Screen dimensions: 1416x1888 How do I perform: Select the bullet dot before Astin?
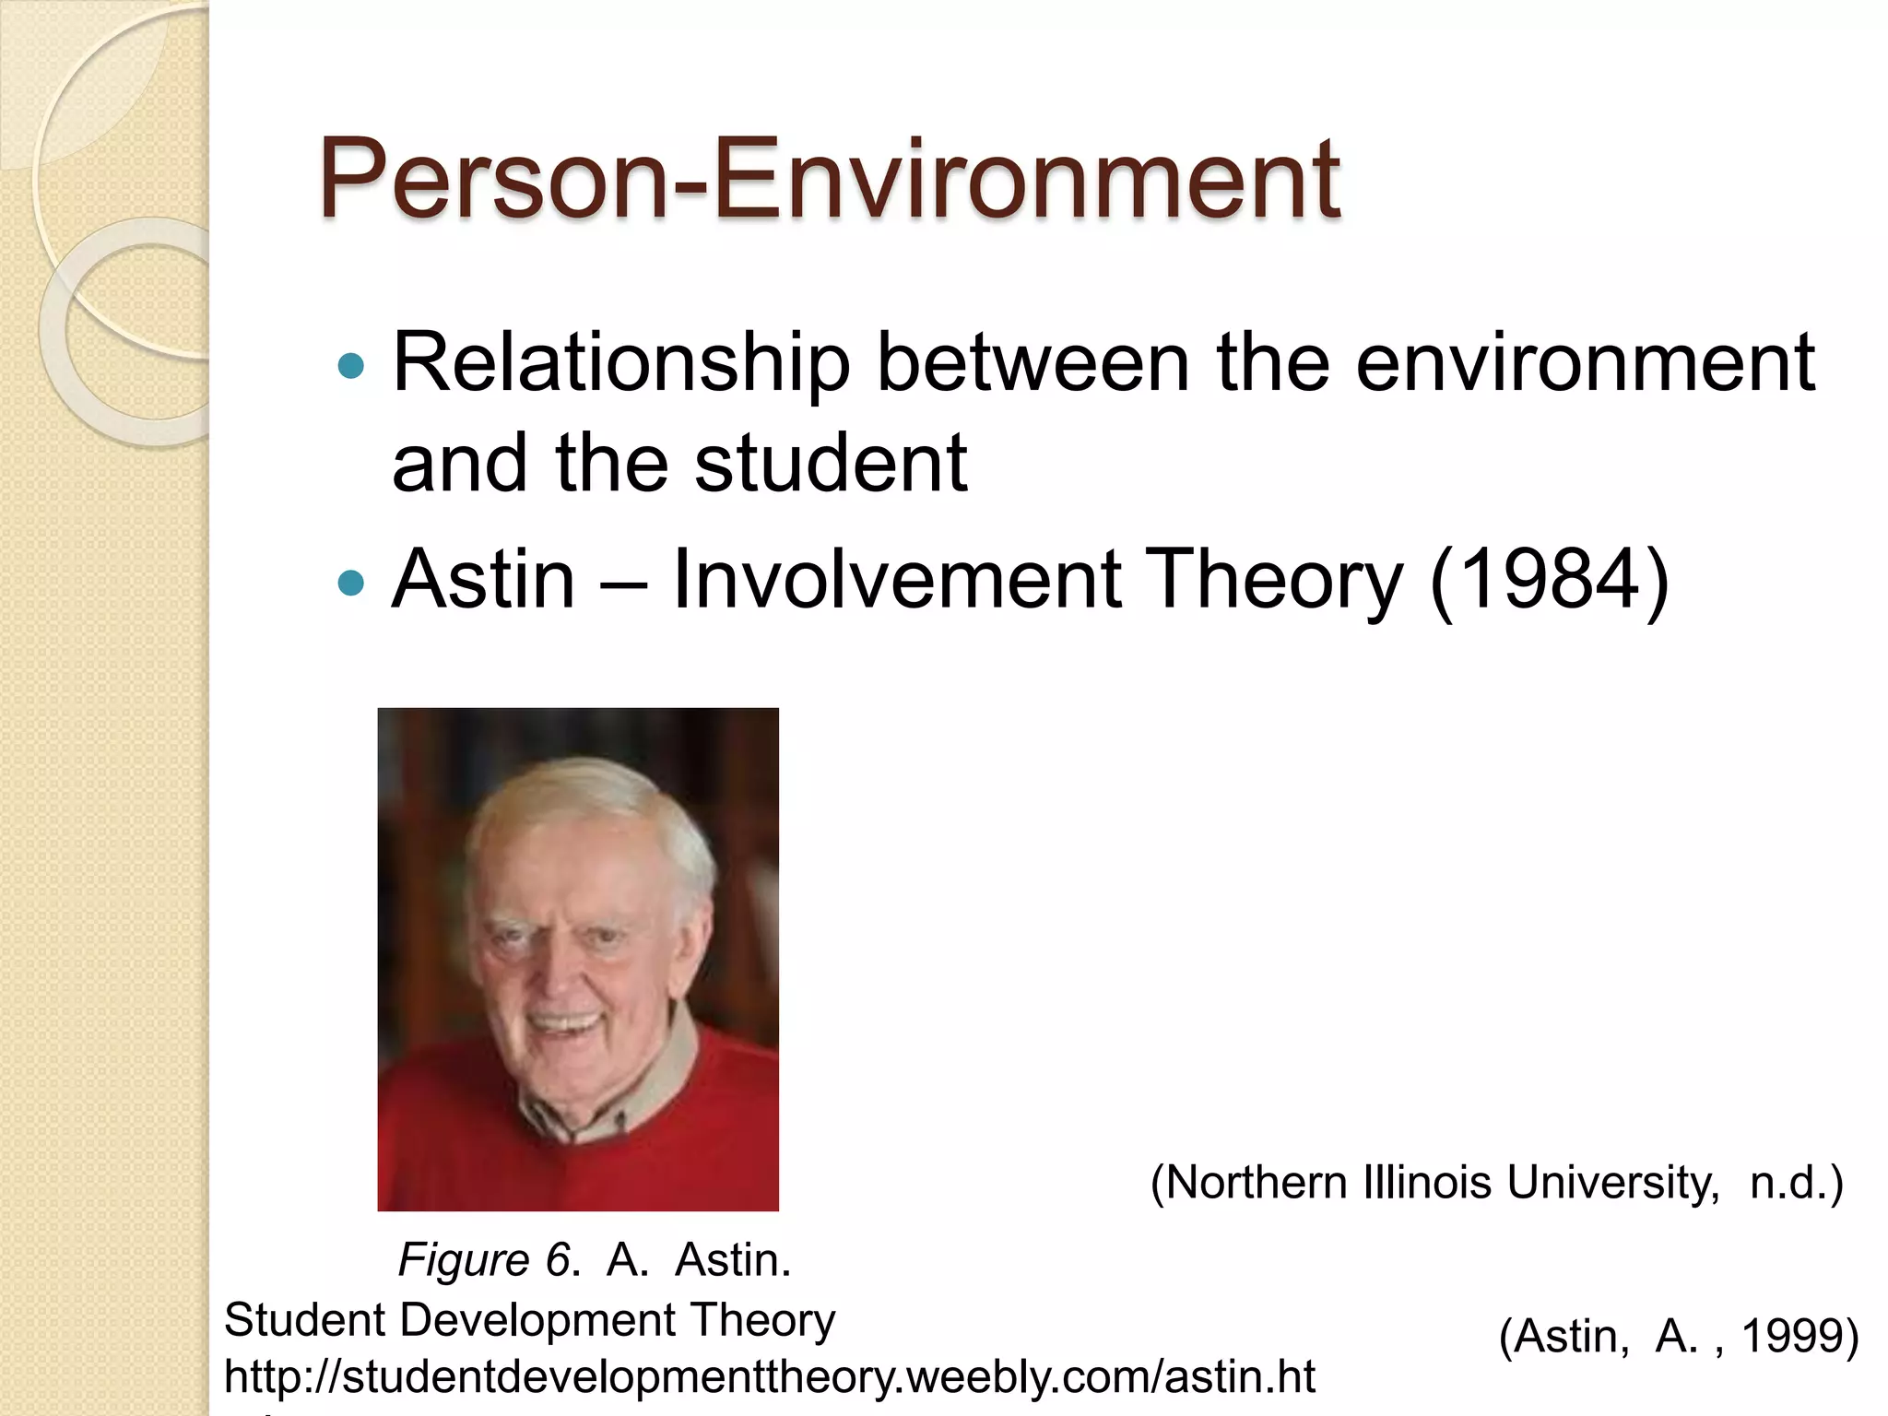click(351, 584)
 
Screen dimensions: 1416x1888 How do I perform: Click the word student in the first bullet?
click(830, 463)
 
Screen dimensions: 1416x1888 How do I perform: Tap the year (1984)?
click(1549, 580)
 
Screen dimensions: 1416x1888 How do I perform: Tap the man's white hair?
click(590, 802)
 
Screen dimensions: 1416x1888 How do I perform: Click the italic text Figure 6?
click(485, 1260)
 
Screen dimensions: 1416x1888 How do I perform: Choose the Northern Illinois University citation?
click(1496, 1183)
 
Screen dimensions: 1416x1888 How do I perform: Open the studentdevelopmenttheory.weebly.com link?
click(770, 1377)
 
